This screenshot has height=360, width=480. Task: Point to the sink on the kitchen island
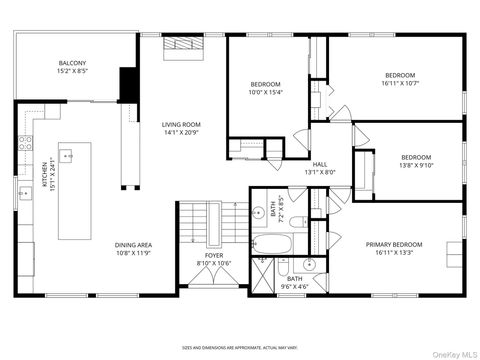pos(69,156)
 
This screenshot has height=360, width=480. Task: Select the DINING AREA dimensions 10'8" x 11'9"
pos(134,253)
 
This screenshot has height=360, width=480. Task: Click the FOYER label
pos(215,255)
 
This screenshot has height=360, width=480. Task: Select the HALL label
pos(320,165)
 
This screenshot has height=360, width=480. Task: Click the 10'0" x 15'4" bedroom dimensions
pos(266,92)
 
